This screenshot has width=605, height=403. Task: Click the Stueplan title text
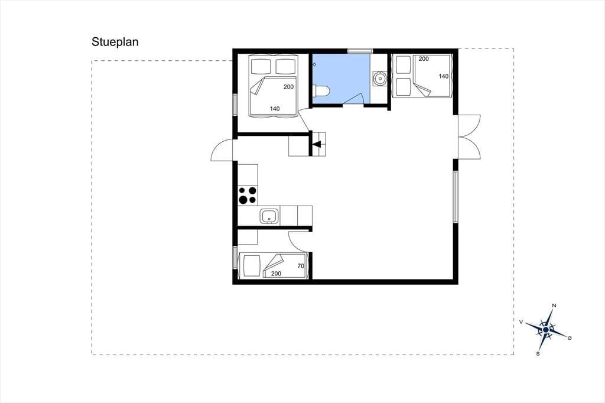(x=115, y=42)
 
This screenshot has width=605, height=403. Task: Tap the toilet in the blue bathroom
(x=322, y=91)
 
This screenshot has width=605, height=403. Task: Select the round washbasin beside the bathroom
(x=380, y=79)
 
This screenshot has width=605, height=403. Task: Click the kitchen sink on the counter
(x=269, y=216)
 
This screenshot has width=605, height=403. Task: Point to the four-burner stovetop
(x=248, y=195)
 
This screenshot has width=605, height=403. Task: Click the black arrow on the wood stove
(x=317, y=145)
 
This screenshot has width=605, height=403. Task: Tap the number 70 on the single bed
(x=301, y=266)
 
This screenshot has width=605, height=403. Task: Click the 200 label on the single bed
(x=277, y=274)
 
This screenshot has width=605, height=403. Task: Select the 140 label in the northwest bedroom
(x=275, y=109)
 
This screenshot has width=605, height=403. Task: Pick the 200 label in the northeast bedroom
(x=424, y=59)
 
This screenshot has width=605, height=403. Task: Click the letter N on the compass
(x=554, y=305)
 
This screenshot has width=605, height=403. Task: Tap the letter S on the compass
(x=538, y=353)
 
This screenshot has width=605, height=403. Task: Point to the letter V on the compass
(x=521, y=321)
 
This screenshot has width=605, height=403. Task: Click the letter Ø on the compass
(x=570, y=338)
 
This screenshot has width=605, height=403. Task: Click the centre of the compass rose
(x=545, y=330)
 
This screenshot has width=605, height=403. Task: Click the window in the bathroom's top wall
(x=360, y=51)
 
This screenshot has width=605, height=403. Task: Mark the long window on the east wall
(x=456, y=197)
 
